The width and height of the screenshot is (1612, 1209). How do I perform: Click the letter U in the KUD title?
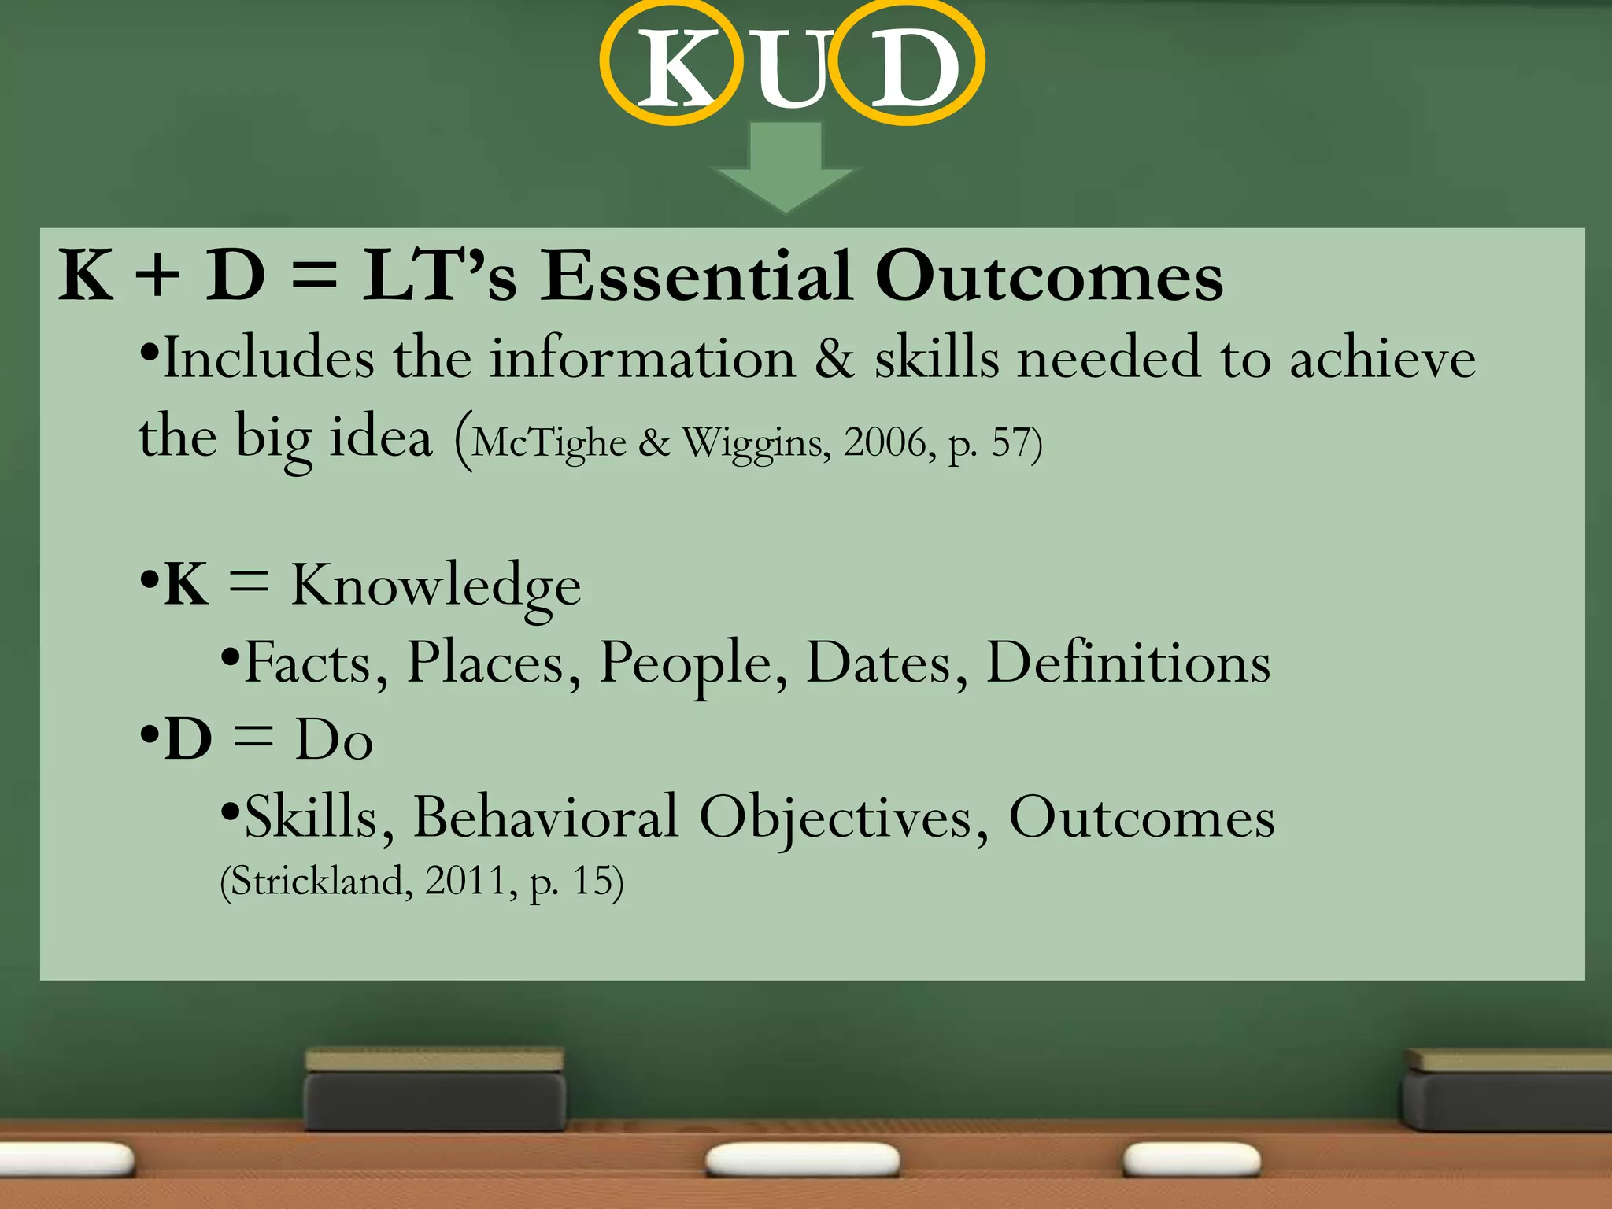coord(792,69)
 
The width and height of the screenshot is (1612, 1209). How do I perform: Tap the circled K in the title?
coord(672,65)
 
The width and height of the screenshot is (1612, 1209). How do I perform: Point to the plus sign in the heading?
coord(157,277)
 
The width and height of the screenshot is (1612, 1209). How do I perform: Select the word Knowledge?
coord(436,586)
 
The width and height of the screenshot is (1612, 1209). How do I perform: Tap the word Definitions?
coord(1128,663)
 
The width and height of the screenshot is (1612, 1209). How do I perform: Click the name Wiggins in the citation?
coord(754,444)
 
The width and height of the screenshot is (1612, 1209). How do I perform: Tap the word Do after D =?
coord(333,740)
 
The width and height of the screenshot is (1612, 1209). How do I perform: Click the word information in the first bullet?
coord(642,359)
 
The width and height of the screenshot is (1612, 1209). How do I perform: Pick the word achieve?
coord(1382,359)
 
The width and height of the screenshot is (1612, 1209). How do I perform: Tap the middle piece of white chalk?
coord(802,1159)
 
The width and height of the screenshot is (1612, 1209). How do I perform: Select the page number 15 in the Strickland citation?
coord(591,881)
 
